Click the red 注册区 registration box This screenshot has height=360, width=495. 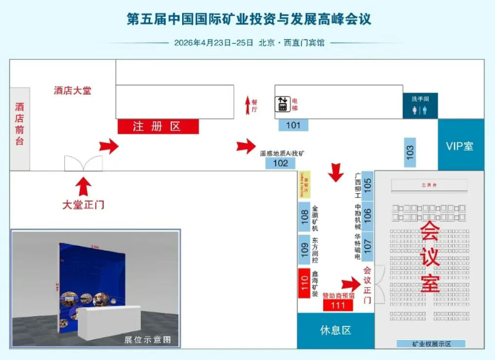(x=158, y=126)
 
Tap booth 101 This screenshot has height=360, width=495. (x=294, y=125)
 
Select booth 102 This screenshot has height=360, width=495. (x=281, y=164)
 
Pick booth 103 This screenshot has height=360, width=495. (x=410, y=153)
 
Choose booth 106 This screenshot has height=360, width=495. (x=368, y=215)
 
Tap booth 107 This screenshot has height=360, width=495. (x=368, y=245)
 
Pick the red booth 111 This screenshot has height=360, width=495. (x=338, y=305)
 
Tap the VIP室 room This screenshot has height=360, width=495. (x=460, y=146)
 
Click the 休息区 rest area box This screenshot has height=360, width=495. (x=335, y=330)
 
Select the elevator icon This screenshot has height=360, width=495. (x=282, y=104)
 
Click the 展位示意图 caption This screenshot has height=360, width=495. (x=147, y=339)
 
